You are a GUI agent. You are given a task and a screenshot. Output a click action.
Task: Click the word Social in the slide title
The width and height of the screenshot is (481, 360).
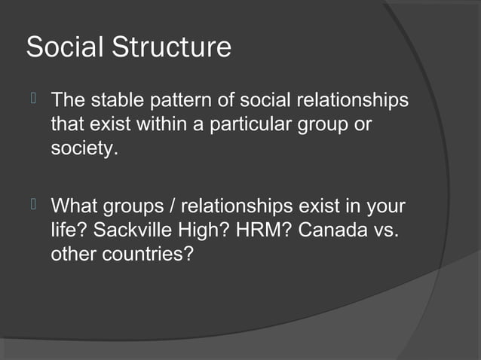66,47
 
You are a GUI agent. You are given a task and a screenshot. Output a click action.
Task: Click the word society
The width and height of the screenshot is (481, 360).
84,148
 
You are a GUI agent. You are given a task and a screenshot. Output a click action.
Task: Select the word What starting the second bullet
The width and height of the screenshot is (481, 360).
76,206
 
